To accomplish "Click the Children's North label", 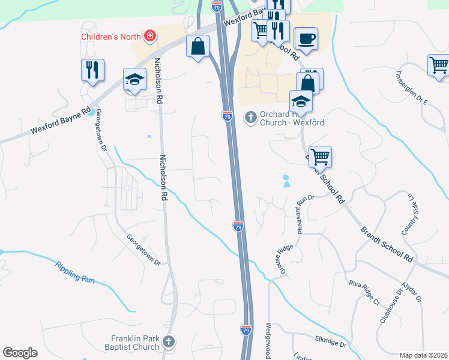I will point(111,36).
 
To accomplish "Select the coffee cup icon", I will point(306,38).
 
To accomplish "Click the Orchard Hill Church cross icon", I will point(250,117).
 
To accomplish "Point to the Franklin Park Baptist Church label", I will point(135,343).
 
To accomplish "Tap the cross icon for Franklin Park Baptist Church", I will point(169,342).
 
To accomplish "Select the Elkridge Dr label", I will point(331,341).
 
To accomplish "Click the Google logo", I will point(20,353).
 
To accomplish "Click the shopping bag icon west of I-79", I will point(198,47).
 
